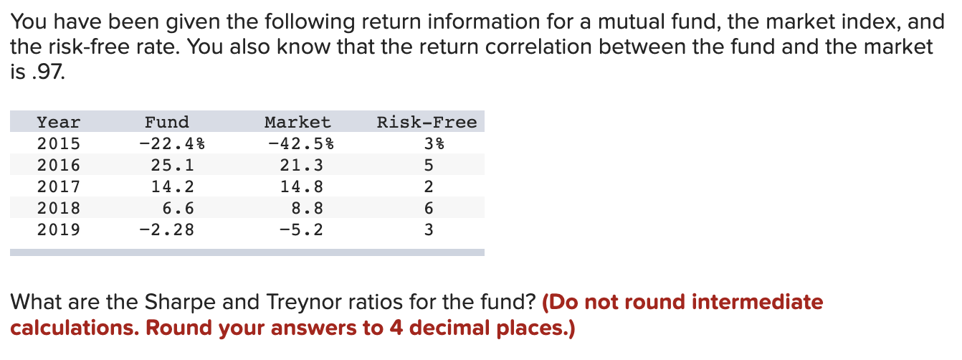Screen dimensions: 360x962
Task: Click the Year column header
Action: click(x=59, y=123)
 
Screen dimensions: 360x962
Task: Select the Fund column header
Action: click(x=167, y=123)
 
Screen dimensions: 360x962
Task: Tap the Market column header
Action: click(x=297, y=123)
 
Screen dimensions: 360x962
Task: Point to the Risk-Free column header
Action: click(x=427, y=123)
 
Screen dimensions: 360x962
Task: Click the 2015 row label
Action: click(x=59, y=144)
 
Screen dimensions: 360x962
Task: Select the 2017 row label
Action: click(x=59, y=187)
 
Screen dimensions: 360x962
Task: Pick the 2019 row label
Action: click(x=59, y=230)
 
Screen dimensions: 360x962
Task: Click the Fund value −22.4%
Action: click(x=172, y=144)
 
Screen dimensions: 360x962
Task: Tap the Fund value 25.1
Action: click(x=173, y=166)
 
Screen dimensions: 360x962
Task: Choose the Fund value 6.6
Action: click(x=178, y=209)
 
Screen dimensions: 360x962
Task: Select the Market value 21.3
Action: click(x=302, y=166)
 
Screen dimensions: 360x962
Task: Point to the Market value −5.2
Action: click(x=302, y=230)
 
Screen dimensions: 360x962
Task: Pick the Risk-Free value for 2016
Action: click(x=429, y=166)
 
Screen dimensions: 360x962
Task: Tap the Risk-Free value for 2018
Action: click(x=429, y=209)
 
